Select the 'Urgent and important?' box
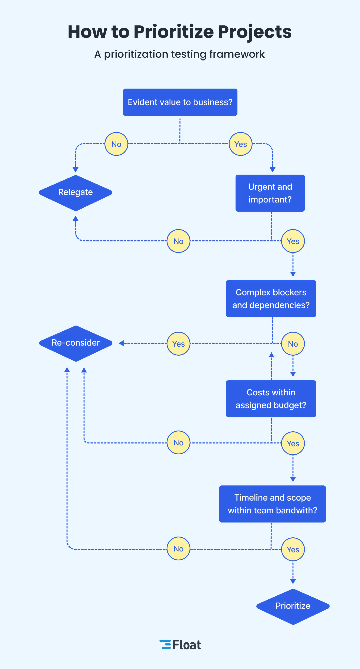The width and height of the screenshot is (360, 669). pyautogui.click(x=270, y=193)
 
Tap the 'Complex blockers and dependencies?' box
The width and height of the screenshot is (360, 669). pyautogui.click(x=271, y=299)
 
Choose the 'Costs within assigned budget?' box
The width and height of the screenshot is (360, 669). pyautogui.click(x=271, y=399)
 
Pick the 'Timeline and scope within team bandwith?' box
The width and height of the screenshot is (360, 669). pyautogui.click(x=272, y=504)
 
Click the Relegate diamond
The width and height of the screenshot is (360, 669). pyautogui.click(x=76, y=192)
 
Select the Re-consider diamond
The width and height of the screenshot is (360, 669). pyautogui.click(x=76, y=343)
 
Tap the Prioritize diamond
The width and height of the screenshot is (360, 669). pyautogui.click(x=293, y=606)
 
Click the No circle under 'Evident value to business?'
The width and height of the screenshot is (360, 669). pyautogui.click(x=116, y=144)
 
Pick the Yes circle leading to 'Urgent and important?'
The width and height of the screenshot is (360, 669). pyautogui.click(x=241, y=144)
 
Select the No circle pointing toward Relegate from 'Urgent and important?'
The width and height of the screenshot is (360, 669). pyautogui.click(x=179, y=241)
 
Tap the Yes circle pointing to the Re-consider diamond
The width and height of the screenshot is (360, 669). pyautogui.click(x=179, y=344)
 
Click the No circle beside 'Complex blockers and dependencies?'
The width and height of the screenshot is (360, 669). pyautogui.click(x=293, y=344)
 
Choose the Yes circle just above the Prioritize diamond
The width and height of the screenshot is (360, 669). pyautogui.click(x=293, y=549)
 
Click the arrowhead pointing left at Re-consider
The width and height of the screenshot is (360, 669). pyautogui.click(x=121, y=343)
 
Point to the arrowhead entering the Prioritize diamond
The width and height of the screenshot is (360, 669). pyautogui.click(x=293, y=581)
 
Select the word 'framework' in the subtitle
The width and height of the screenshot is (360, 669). pyautogui.click(x=237, y=54)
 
